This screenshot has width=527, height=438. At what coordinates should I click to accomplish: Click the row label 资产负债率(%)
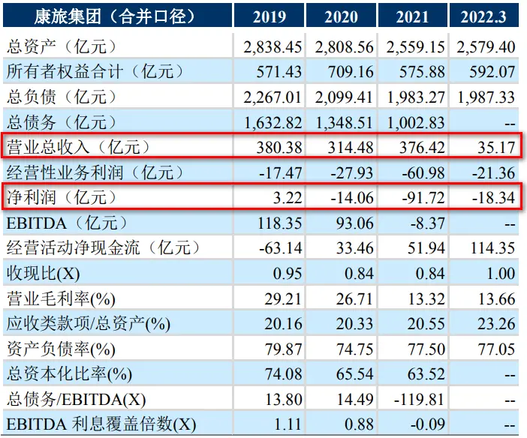pyautogui.click(x=61, y=349)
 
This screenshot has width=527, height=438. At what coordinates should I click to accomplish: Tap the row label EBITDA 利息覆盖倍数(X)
pyautogui.click(x=101, y=425)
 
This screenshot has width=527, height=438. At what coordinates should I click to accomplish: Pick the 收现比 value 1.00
pyautogui.click(x=501, y=274)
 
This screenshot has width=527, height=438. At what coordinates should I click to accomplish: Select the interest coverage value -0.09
pyautogui.click(x=426, y=425)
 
